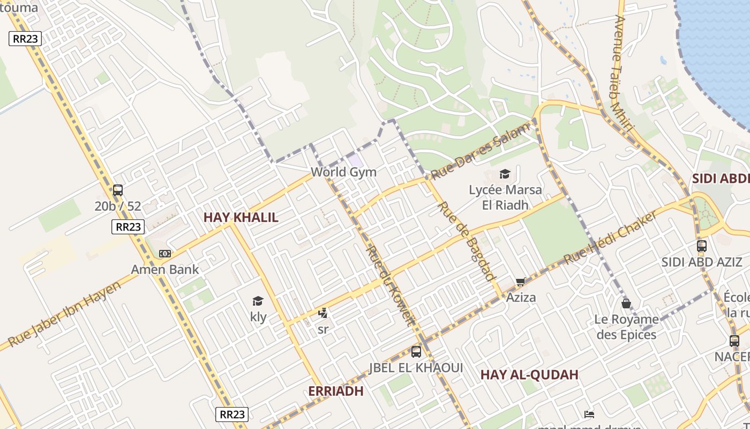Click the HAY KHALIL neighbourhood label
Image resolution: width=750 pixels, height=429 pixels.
(x=241, y=217)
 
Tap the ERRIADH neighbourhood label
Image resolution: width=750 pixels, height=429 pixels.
(x=335, y=391)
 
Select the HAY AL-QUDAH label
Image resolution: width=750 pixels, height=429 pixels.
(x=529, y=374)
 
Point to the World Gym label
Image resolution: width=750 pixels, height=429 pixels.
(x=343, y=172)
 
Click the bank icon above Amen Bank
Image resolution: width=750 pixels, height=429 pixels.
(x=165, y=254)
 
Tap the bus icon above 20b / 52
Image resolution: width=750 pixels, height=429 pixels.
(x=118, y=190)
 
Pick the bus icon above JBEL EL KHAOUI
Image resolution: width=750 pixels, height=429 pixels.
(x=416, y=352)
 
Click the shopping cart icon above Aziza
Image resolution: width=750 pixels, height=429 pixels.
(x=521, y=282)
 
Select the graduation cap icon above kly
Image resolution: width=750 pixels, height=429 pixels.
(x=258, y=301)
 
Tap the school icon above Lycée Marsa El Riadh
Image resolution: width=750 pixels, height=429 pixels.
(x=505, y=174)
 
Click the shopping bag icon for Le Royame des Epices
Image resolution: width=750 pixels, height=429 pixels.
(x=626, y=304)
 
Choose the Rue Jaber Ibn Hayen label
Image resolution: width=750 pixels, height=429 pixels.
(x=64, y=314)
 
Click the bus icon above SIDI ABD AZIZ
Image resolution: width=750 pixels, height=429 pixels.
(x=701, y=246)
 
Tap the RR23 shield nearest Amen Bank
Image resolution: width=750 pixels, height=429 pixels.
(x=129, y=227)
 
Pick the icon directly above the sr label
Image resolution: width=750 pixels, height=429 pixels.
(x=322, y=314)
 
